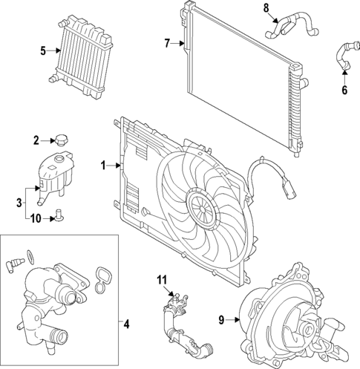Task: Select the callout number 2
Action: tap(36, 139)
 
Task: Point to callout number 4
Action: tap(126, 324)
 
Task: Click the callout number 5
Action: tap(43, 50)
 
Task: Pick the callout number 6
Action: tap(344, 91)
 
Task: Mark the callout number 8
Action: tap(266, 8)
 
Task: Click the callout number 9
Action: tap(220, 320)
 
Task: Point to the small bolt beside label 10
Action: tap(56, 217)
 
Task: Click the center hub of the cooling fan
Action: tap(201, 204)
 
